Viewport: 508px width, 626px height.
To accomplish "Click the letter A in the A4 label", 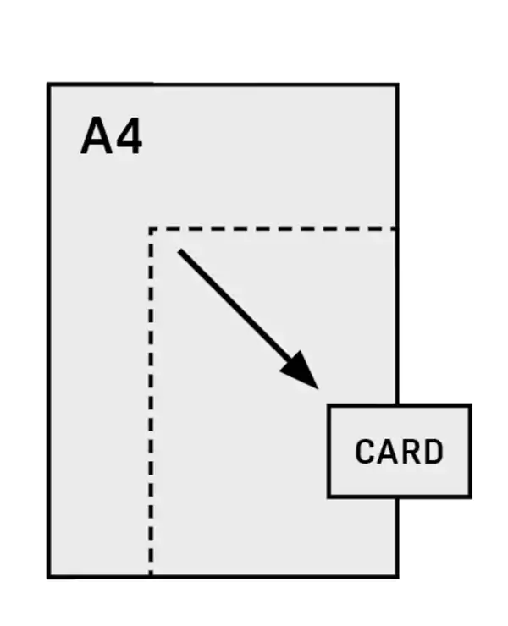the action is click(x=97, y=135).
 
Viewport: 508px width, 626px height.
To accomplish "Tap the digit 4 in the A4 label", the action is click(x=129, y=135).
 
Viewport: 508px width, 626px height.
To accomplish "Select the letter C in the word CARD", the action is click(x=365, y=452).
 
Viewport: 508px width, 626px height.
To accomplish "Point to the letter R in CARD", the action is click(x=409, y=452).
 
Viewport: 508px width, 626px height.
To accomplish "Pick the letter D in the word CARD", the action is click(x=433, y=452).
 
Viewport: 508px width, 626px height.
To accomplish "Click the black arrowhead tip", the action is click(x=318, y=388).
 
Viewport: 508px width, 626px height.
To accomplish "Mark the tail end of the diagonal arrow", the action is click(x=179, y=251).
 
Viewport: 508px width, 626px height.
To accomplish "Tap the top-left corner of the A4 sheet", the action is click(x=49, y=85).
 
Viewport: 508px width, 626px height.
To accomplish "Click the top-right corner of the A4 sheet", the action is click(x=397, y=85).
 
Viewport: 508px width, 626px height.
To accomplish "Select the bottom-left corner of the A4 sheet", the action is click(x=49, y=577).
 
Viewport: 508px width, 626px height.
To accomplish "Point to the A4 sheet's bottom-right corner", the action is click(x=397, y=577).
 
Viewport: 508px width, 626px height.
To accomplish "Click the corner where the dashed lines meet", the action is click(x=151, y=228).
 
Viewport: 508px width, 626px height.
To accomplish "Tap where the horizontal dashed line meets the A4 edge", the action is click(x=397, y=228).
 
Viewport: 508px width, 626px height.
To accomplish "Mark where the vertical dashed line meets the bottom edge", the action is click(x=151, y=576).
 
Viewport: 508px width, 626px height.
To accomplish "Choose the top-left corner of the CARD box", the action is click(x=329, y=405).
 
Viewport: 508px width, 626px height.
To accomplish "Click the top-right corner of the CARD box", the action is click(x=471, y=405).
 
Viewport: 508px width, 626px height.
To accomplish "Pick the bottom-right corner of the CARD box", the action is click(x=471, y=497).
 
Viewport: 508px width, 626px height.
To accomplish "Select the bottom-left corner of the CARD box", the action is click(x=329, y=497).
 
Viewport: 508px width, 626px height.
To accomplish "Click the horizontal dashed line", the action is click(x=273, y=228).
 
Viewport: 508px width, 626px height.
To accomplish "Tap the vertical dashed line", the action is click(x=151, y=403).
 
